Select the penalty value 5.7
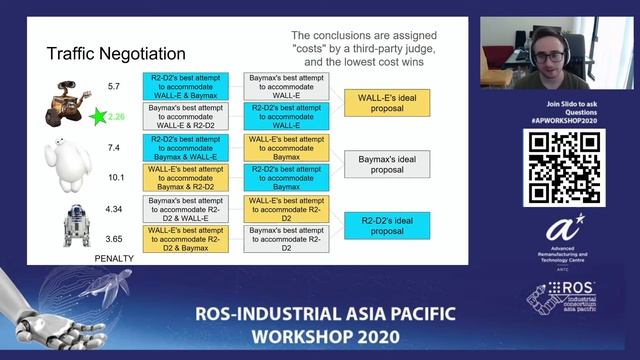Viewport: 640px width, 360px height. pos(114,86)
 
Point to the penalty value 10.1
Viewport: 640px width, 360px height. pos(115,177)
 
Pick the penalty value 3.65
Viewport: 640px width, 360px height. pos(115,240)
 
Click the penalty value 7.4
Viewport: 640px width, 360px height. pos(114,147)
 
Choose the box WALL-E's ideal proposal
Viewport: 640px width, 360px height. pos(387,101)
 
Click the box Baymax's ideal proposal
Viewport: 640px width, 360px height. pos(387,163)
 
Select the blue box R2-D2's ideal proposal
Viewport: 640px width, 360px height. pos(387,224)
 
